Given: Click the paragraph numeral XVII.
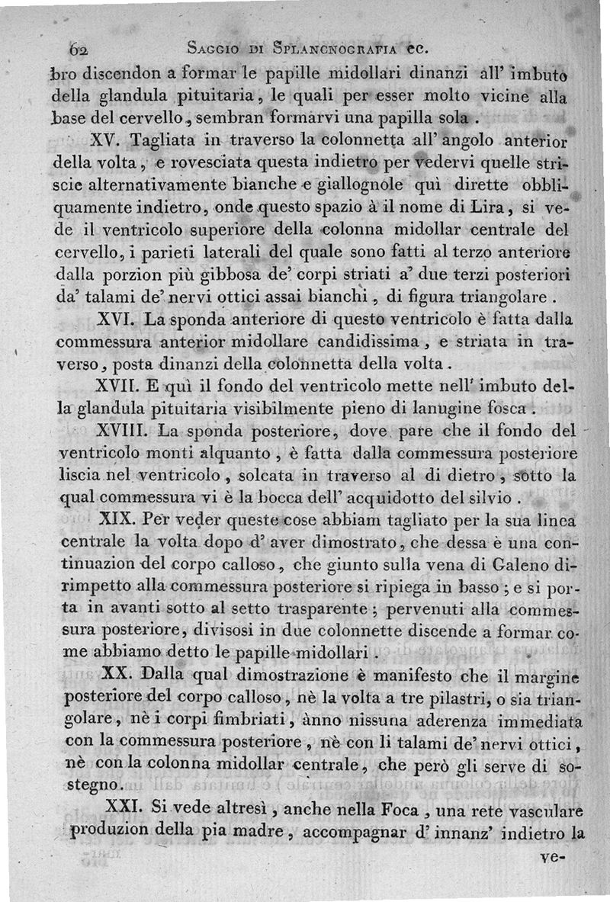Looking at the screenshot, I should [x=119, y=382].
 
